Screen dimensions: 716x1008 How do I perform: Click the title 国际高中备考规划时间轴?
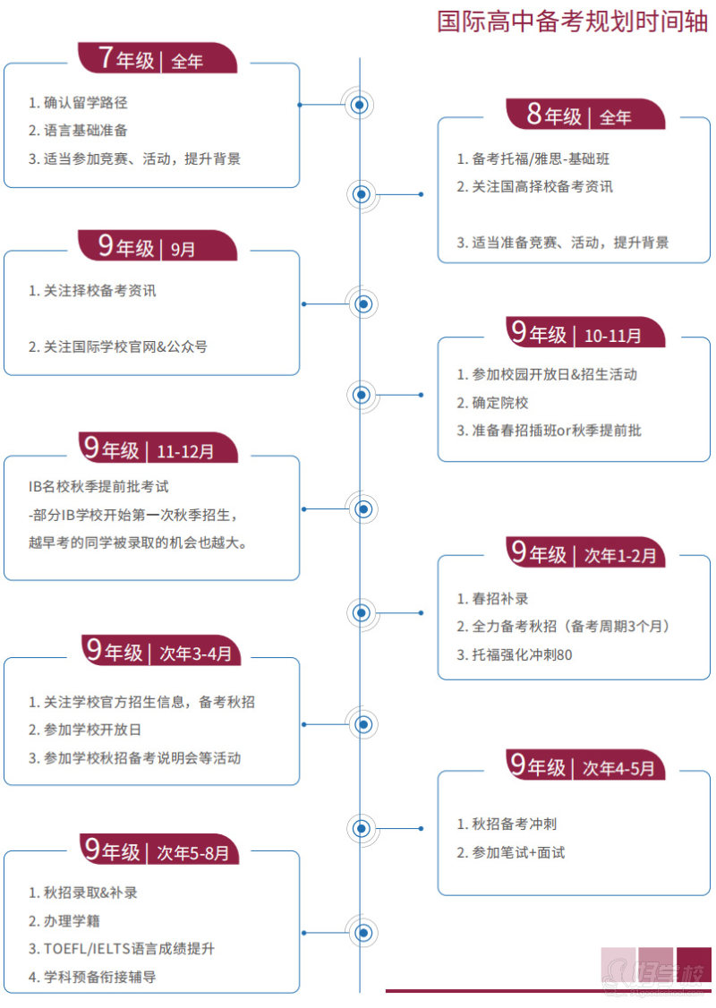pyautogui.click(x=572, y=21)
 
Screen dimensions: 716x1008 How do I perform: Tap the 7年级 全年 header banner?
pyautogui.click(x=158, y=58)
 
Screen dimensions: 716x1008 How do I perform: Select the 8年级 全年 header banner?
pyautogui.click(x=585, y=115)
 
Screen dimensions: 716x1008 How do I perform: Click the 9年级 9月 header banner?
pyautogui.click(x=158, y=245)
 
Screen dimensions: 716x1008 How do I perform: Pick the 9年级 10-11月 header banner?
pyautogui.click(x=585, y=332)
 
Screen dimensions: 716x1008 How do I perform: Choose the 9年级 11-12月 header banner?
pyautogui.click(x=158, y=448)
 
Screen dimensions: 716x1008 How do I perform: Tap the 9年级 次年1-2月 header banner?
pyautogui.click(x=585, y=552)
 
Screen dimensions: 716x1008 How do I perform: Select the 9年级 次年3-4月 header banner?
pyautogui.click(x=161, y=651)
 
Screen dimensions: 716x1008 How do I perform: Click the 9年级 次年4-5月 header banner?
pyautogui.click(x=585, y=765)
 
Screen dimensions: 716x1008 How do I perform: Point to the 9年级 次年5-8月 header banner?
pyautogui.click(x=159, y=850)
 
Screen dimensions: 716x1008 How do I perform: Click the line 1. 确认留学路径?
pyautogui.click(x=78, y=103)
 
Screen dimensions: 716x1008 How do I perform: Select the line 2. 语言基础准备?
pyautogui.click(x=78, y=131)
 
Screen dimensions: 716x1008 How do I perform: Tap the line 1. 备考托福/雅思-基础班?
pyautogui.click(x=533, y=158)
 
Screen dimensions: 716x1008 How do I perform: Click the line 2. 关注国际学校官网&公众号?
pyautogui.click(x=117, y=347)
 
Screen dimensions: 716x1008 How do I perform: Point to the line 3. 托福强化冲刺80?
pyautogui.click(x=515, y=655)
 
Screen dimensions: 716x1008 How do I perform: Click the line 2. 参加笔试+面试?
pyautogui.click(x=511, y=853)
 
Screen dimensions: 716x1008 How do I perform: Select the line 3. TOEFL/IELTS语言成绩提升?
pyautogui.click(x=122, y=949)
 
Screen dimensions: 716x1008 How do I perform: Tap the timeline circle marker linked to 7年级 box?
pyautogui.click(x=360, y=105)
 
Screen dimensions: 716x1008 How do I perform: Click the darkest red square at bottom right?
pyautogui.click(x=695, y=965)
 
